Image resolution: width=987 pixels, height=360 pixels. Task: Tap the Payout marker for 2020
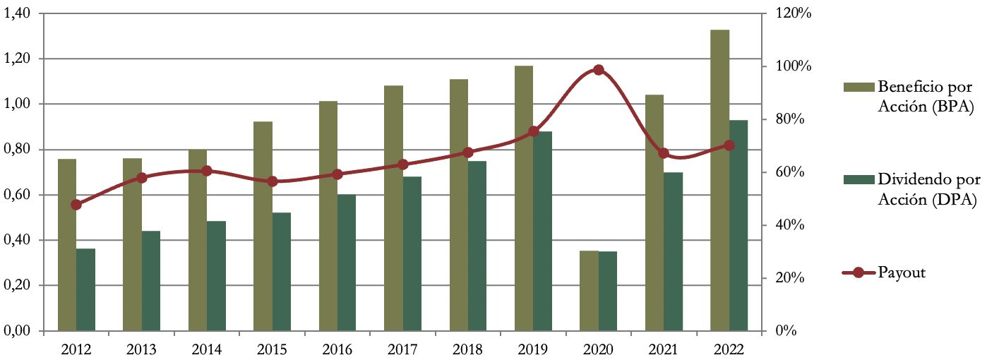(x=599, y=70)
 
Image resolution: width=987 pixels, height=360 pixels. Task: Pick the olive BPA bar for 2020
(x=589, y=290)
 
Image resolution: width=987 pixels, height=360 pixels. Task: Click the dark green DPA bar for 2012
(x=85, y=289)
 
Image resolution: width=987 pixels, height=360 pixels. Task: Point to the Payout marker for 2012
(x=76, y=205)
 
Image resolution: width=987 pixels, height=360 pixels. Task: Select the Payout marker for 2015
(x=272, y=181)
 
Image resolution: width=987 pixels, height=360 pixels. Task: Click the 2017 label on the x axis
(x=402, y=349)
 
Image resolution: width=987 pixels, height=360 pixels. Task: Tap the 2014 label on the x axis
(x=207, y=349)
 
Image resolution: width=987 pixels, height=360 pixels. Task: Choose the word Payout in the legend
(x=902, y=273)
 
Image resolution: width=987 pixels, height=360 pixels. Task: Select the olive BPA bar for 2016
(x=328, y=216)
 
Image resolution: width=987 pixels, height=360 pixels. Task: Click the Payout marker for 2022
(x=729, y=145)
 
